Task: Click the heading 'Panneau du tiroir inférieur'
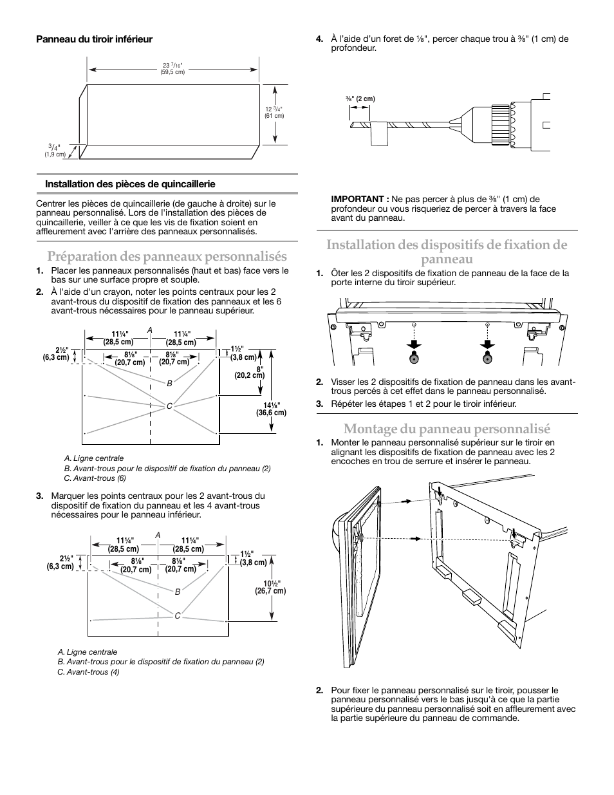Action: click(94, 39)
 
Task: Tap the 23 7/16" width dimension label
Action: click(172, 68)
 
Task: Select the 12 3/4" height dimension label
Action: click(274, 112)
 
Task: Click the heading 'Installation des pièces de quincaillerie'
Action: click(130, 184)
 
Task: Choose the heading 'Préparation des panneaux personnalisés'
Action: click(167, 257)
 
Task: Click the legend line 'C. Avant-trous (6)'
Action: click(95, 478)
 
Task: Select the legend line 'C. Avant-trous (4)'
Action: click(88, 672)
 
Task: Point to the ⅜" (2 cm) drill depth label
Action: click(360, 98)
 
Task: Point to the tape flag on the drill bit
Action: click(379, 135)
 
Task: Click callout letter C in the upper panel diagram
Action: click(169, 406)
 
